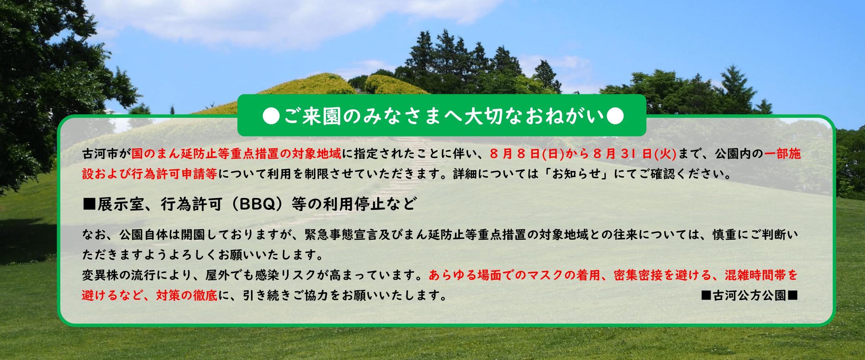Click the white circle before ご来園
pos(271,116)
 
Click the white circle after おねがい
pos(615,116)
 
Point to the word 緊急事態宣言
pos(341,235)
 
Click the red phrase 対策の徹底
pos(187,296)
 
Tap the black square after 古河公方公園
pos(793,296)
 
